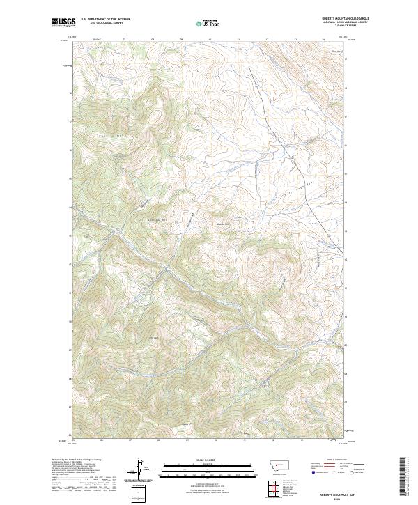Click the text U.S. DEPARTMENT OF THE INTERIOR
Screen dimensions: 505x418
(105, 20)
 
